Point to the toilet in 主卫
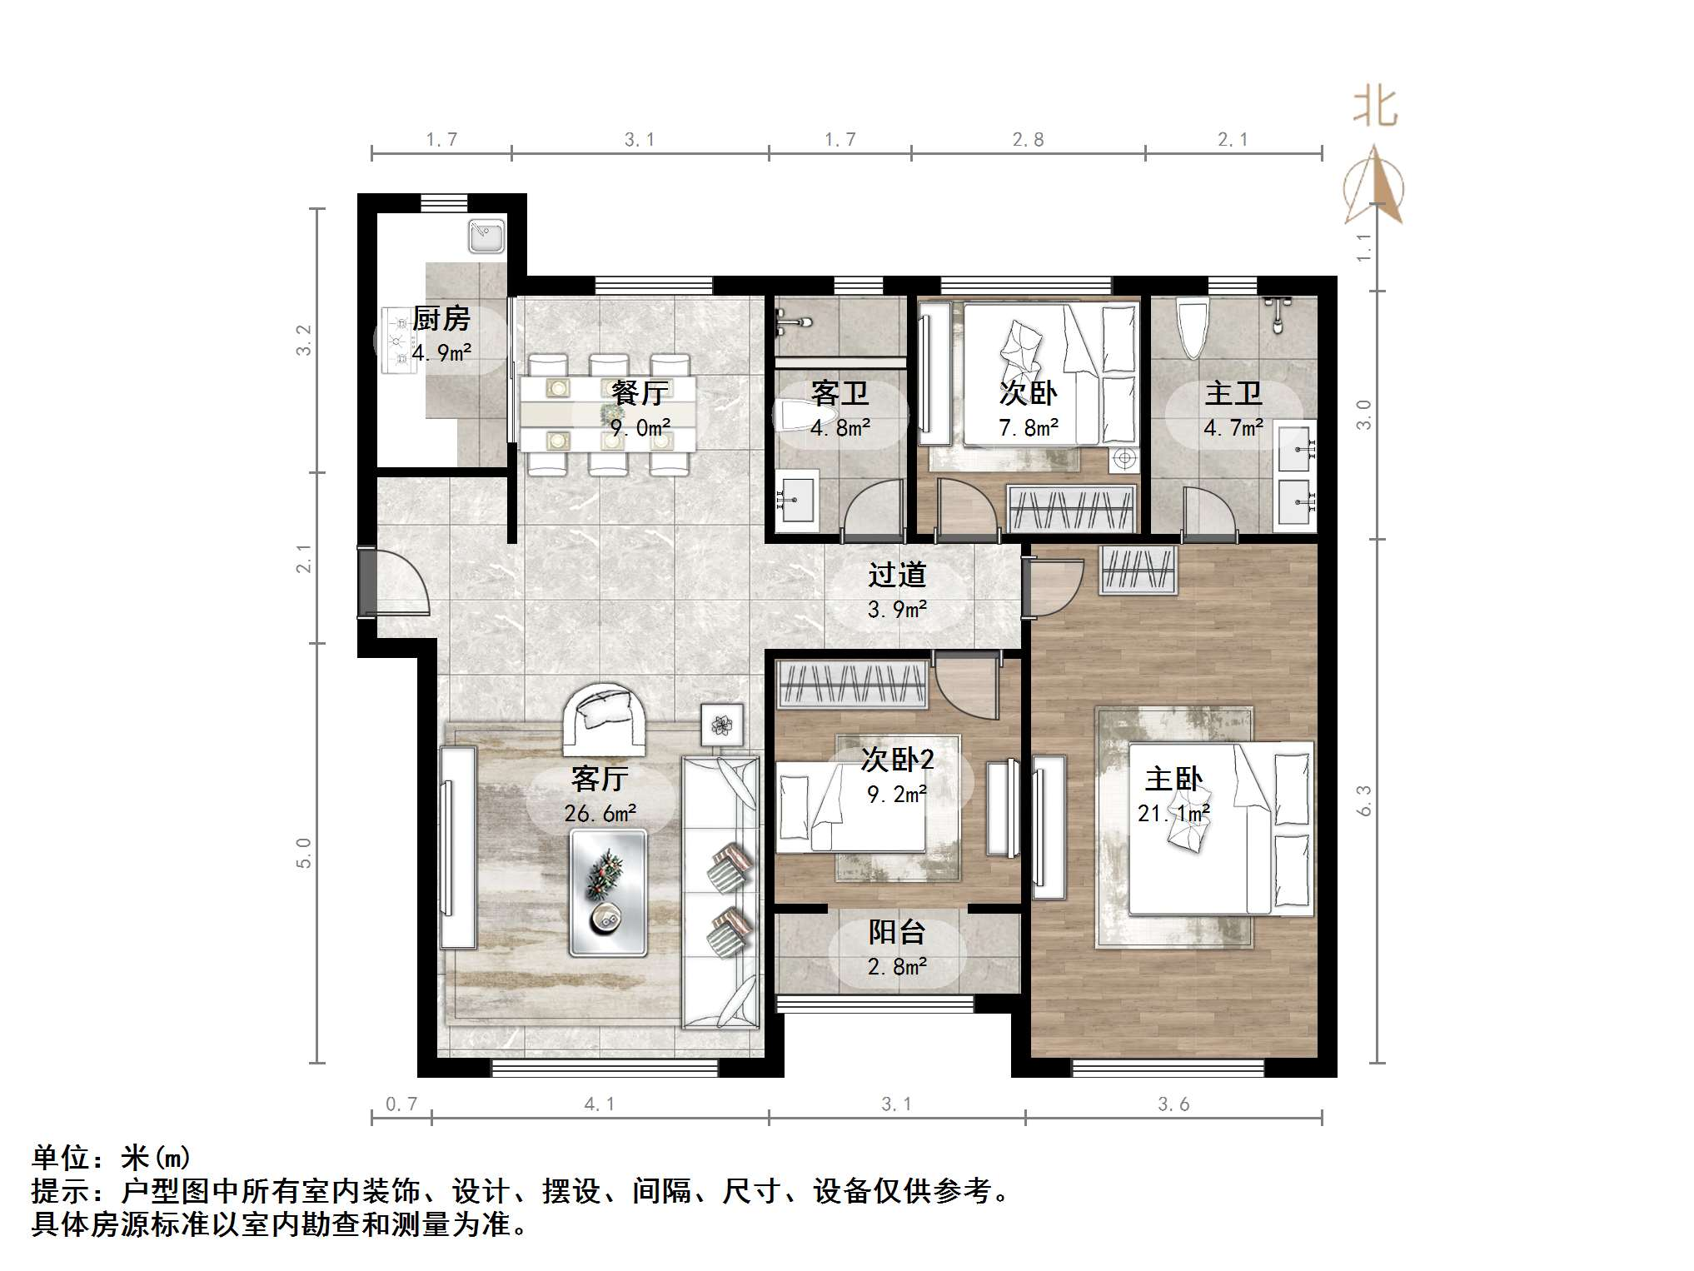coord(1192,328)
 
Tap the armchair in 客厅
coord(605,717)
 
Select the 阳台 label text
coord(897,932)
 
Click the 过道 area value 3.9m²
coord(897,610)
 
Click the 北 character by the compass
coord(1374,109)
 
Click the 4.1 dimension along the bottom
coord(599,1104)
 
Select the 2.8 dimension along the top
coord(1028,140)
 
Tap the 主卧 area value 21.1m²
coord(1173,813)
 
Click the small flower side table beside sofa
coord(722,725)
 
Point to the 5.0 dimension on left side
coord(304,853)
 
